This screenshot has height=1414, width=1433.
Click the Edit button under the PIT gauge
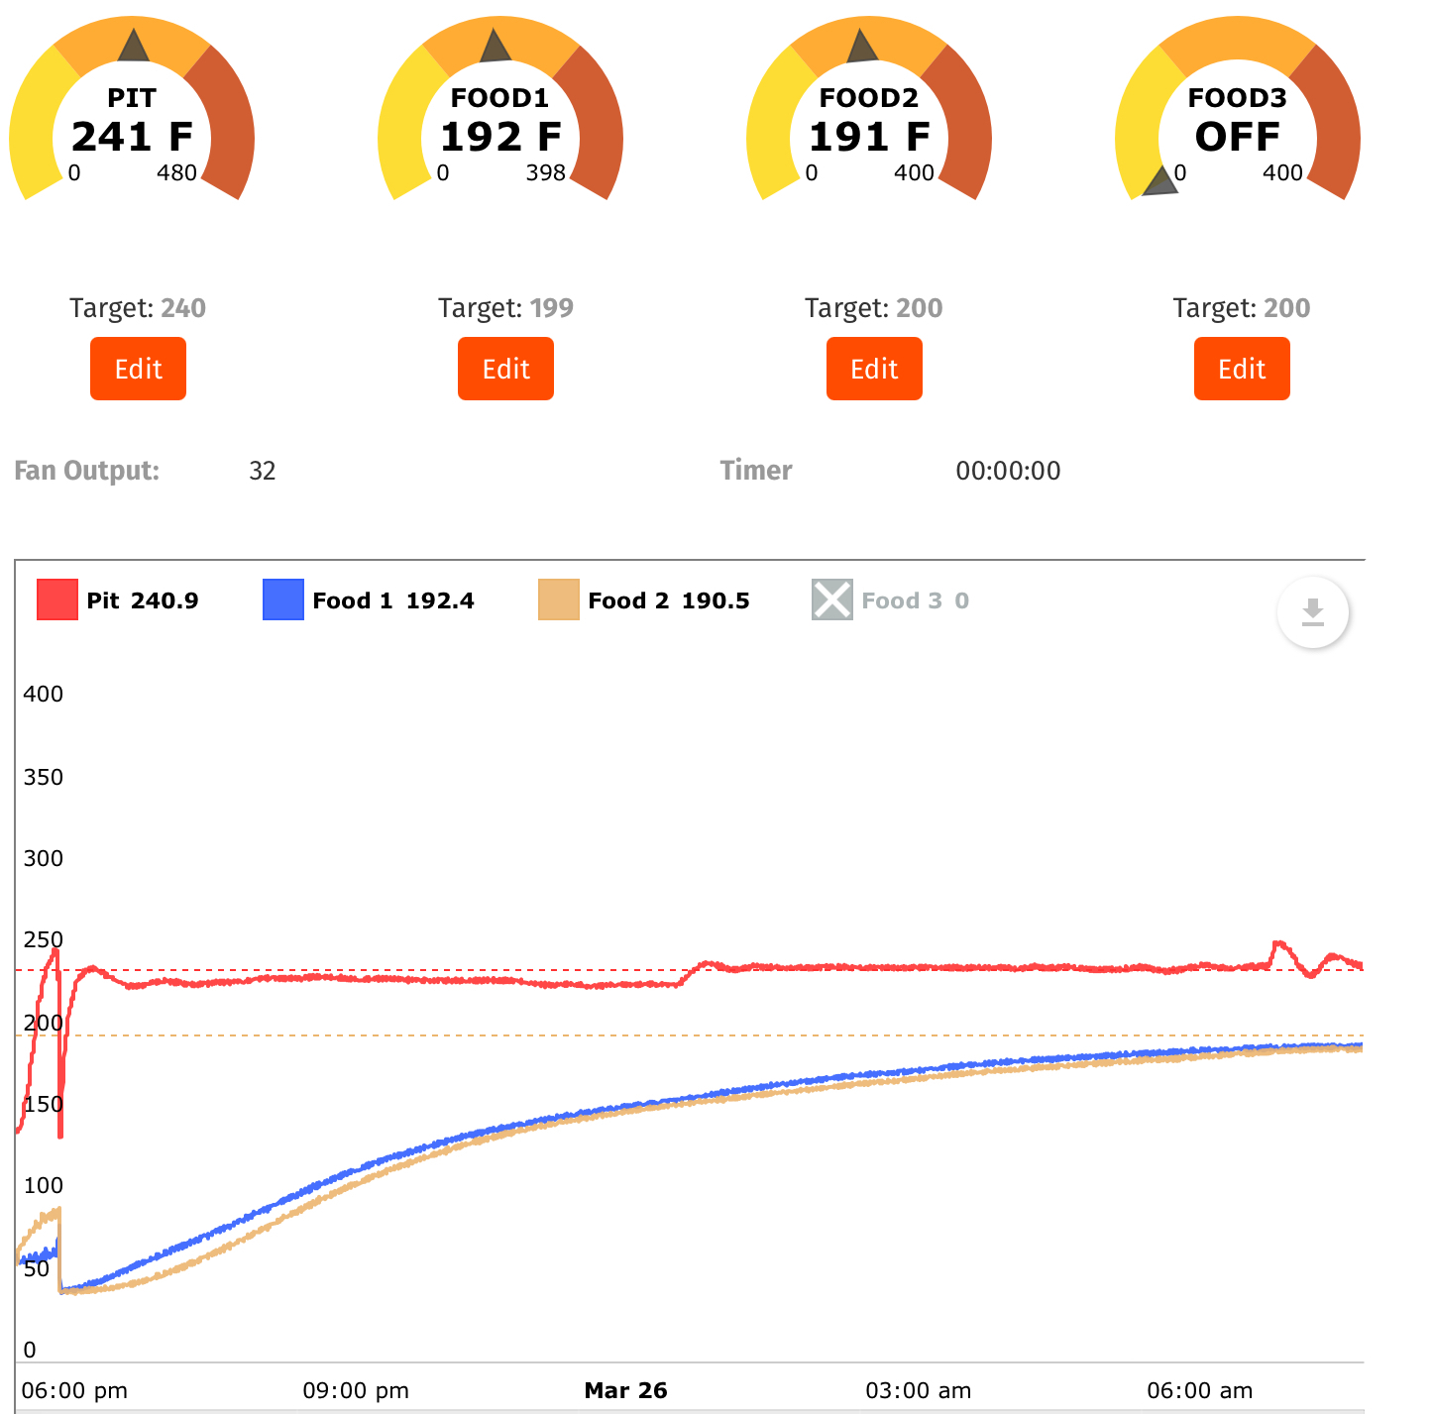pos(138,369)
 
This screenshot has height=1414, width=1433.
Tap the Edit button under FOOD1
pos(505,369)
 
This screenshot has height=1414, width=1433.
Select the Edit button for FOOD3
pos(1242,369)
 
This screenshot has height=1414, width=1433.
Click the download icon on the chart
pos(1312,612)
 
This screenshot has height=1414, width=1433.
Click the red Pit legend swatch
pos(57,600)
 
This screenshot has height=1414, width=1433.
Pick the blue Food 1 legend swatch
pos(283,600)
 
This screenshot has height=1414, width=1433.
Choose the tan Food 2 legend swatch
pos(559,600)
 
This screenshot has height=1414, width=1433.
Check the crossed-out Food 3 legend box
pos(832,600)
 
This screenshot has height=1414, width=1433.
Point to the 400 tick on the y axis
pos(43,694)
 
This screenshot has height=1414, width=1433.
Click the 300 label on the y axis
pos(43,858)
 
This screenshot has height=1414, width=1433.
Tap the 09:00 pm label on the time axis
pos(356,1390)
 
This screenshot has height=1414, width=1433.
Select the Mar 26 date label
pos(625,1390)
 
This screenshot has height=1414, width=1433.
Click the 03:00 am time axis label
pos(918,1390)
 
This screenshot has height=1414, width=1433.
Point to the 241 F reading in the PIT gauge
pos(132,137)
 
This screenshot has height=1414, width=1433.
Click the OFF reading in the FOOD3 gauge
pos(1238,137)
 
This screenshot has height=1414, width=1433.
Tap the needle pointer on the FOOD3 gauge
pos(1160,182)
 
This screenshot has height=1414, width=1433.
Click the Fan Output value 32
pos(263,471)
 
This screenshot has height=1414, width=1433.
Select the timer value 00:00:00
pos(1008,471)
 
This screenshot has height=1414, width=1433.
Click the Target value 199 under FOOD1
pos(552,308)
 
